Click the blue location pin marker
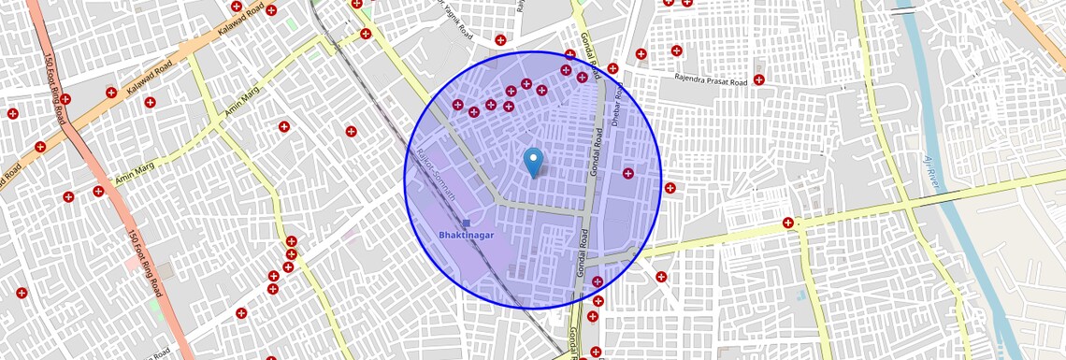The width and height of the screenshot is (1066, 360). pyautogui.click(x=533, y=162)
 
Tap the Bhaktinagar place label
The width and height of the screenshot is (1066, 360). pyautogui.click(x=466, y=235)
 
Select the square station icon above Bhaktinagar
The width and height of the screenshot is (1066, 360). pyautogui.click(x=467, y=223)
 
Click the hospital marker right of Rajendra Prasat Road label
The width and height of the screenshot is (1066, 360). pyautogui.click(x=758, y=80)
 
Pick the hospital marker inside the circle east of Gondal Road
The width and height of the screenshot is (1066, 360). pyautogui.click(x=628, y=173)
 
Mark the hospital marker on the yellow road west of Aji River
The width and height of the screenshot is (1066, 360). pyautogui.click(x=788, y=223)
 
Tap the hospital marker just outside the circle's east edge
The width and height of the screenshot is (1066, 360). pyautogui.click(x=670, y=188)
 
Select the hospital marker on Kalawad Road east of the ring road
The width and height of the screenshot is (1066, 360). pyautogui.click(x=111, y=93)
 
